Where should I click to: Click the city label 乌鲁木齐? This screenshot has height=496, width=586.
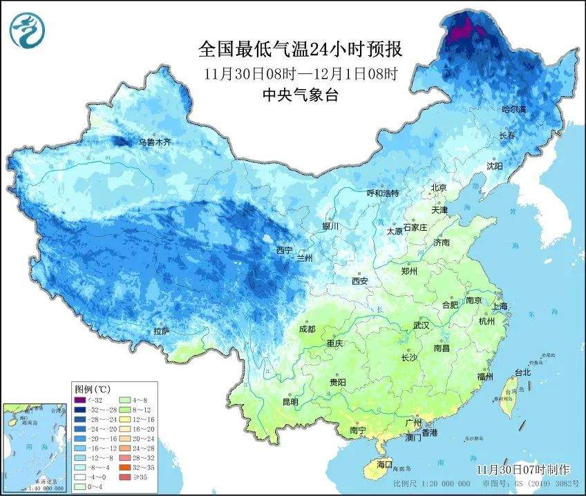click(154, 142)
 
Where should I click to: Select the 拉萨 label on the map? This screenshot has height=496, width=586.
click(161, 332)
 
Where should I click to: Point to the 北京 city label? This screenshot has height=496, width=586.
click(439, 187)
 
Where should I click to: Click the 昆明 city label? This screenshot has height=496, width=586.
click(290, 401)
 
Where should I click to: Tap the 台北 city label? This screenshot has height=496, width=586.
click(522, 372)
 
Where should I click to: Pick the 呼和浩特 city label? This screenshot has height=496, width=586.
click(382, 193)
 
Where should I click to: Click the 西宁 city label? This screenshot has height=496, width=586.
click(285, 250)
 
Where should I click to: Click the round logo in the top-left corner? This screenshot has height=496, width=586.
click(27, 28)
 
